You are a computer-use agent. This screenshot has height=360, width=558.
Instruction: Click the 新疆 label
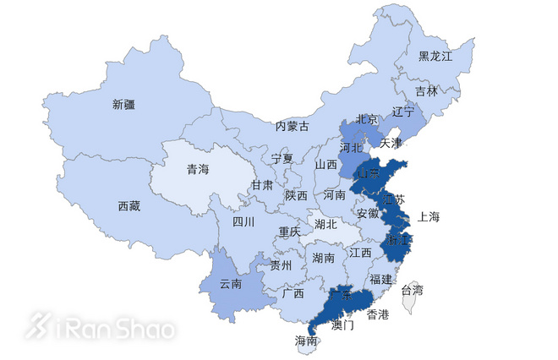(x=123, y=105)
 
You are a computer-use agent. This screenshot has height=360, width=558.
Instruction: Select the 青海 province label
(x=198, y=168)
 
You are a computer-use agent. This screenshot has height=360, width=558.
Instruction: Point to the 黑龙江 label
(x=435, y=57)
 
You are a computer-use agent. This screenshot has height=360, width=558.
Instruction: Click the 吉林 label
(x=427, y=91)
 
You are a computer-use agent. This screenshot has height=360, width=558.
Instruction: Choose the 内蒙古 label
(x=293, y=126)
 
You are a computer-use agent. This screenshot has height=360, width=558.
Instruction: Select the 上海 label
(x=429, y=216)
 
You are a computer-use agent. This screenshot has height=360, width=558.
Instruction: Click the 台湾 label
(x=412, y=290)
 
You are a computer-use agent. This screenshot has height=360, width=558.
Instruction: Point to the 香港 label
(x=378, y=314)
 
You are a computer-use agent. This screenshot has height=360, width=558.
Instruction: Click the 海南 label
(x=306, y=341)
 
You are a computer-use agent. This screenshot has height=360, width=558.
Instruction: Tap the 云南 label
(x=230, y=284)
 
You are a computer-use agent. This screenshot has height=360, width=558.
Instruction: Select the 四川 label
(x=243, y=222)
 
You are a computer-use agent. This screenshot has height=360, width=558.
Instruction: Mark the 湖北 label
(x=325, y=225)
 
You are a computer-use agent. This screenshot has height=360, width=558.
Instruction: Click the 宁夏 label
(x=282, y=159)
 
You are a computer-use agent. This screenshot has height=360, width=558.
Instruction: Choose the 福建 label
(x=380, y=278)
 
